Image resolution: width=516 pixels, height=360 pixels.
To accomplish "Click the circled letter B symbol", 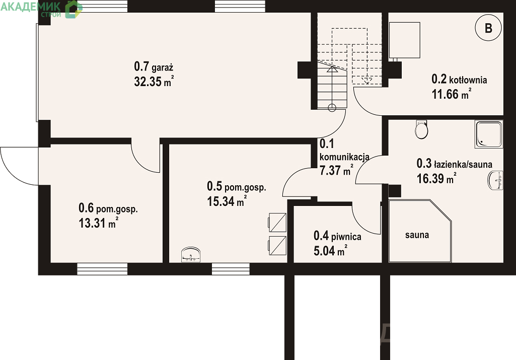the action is pyautogui.click(x=488, y=28).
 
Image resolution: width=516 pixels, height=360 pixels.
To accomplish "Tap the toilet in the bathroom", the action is pyautogui.click(x=421, y=129).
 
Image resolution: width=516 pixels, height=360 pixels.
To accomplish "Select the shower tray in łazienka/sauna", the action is pyautogui.click(x=489, y=134).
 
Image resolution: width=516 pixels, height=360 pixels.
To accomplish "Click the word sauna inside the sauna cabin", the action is pyautogui.click(x=417, y=235).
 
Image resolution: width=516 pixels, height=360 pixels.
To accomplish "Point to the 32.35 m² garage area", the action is pyautogui.click(x=154, y=81).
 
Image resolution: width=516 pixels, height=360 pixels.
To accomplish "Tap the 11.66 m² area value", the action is pyautogui.click(x=451, y=94).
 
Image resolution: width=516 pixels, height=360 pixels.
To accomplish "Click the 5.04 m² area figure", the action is pyautogui.click(x=330, y=251).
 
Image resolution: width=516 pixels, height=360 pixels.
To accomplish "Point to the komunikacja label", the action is pyautogui.click(x=344, y=157).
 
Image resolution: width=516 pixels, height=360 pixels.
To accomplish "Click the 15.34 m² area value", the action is pyautogui.click(x=227, y=201).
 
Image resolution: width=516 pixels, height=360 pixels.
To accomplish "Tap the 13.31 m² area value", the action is pyautogui.click(x=98, y=223).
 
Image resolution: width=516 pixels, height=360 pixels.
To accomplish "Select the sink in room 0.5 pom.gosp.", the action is pyautogui.click(x=191, y=255).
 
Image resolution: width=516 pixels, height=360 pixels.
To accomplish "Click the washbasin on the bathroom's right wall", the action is pyautogui.click(x=495, y=180).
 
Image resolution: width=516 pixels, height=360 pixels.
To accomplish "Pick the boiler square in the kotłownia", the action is pyautogui.click(x=404, y=40).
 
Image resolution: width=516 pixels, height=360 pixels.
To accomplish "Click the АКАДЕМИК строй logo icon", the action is pyautogui.click(x=73, y=9).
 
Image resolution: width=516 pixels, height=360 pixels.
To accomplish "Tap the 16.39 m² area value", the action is pyautogui.click(x=436, y=178).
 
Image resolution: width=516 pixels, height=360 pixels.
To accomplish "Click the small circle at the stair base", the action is pyautogui.click(x=332, y=108).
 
